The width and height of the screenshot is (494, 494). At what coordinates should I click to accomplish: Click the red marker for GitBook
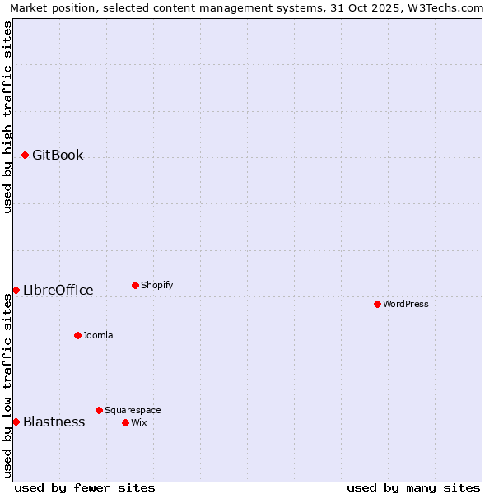pos(26,155)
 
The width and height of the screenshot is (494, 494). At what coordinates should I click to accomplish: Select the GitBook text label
pos(58,155)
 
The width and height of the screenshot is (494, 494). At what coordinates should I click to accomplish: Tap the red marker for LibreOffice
pos(16,290)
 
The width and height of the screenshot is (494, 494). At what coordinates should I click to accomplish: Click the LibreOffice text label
pos(58,290)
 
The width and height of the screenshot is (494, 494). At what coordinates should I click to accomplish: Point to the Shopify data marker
pos(135,285)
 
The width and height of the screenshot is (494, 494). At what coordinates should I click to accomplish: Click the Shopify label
pos(156,285)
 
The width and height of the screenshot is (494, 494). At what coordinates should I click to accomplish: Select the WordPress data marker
pos(377,304)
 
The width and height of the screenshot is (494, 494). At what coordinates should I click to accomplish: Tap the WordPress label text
pos(405,304)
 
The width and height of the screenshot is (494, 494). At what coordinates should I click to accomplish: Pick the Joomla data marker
pos(77,335)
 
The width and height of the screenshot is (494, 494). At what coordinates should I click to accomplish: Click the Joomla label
pos(98,335)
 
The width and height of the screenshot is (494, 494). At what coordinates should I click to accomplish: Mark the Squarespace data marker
pos(99,410)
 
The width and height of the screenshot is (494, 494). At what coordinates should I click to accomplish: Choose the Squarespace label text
pos(133,410)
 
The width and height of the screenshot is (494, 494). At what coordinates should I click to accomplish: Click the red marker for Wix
pos(125,422)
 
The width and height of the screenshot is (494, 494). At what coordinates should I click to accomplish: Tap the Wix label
pos(138,422)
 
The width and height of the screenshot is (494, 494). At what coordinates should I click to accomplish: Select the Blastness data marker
pos(16,422)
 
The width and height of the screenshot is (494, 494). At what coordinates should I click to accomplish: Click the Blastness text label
pos(54,422)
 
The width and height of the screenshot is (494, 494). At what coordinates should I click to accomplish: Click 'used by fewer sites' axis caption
pos(85,487)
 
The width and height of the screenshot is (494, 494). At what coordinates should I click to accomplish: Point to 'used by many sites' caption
pos(413,487)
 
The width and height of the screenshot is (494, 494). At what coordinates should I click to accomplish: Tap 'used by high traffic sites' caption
pos(8,117)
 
